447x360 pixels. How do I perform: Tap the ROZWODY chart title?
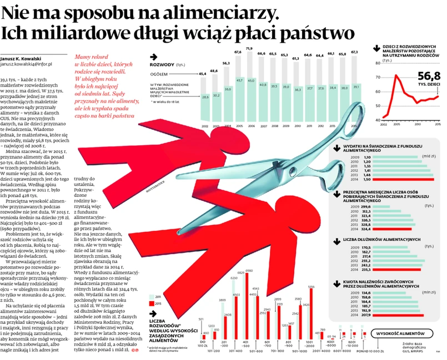pyautogui.click(x=161, y=64)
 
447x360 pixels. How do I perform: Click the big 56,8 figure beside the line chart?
pyautogui.click(x=421, y=77)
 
